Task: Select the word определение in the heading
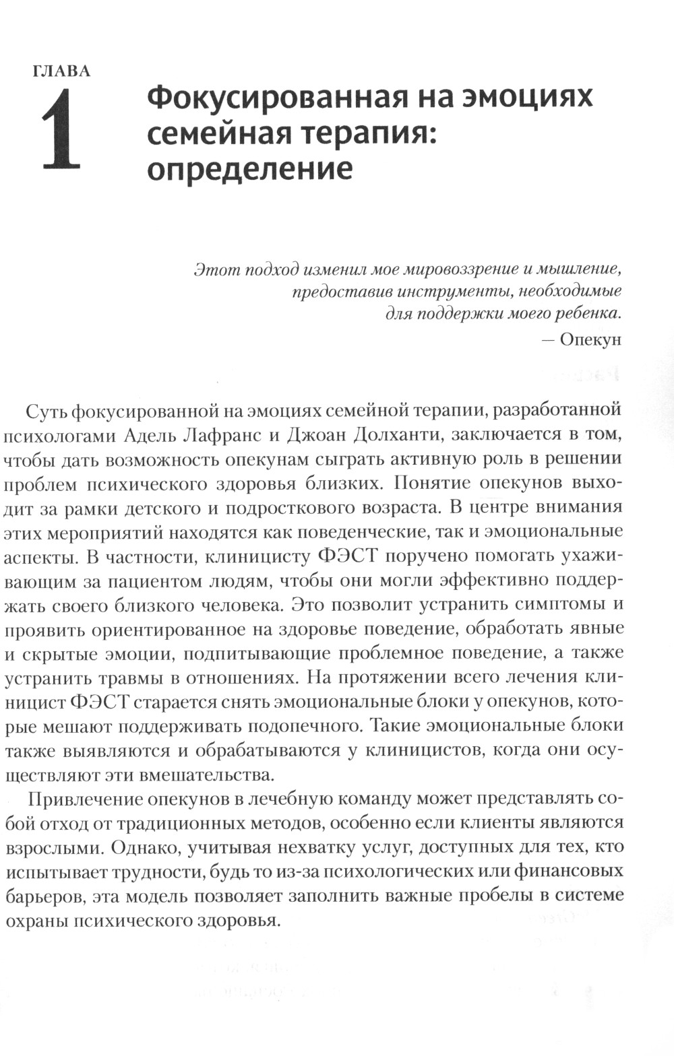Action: [x=249, y=168]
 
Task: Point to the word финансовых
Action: [x=570, y=871]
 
